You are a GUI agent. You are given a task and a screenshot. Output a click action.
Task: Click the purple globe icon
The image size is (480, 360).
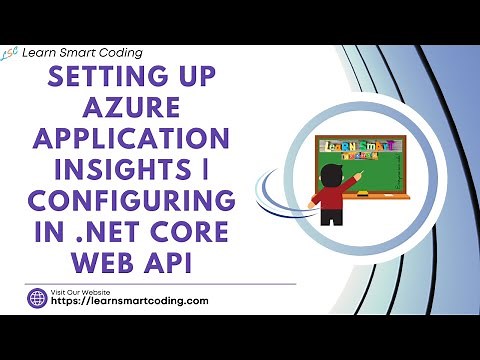pos(36,297)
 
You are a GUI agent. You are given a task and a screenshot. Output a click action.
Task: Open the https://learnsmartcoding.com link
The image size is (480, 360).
pos(130,301)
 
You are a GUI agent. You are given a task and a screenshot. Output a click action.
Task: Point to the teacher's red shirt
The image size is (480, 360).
pos(330,197)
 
